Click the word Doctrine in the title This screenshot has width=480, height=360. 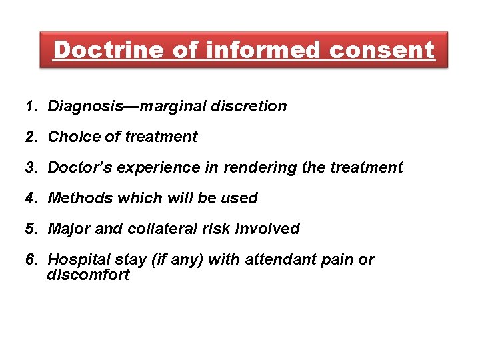[106, 49]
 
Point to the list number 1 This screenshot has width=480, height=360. [29, 106]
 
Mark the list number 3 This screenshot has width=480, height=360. [30, 167]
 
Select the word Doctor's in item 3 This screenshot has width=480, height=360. [80, 167]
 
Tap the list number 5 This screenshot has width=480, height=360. [30, 229]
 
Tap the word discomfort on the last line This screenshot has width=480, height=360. [88, 274]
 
